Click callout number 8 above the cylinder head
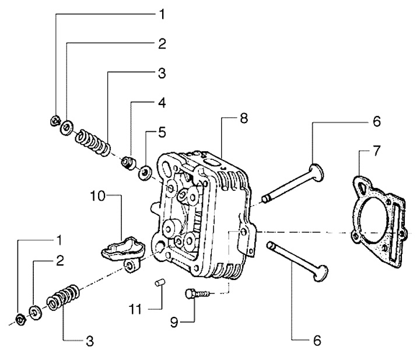(244, 118)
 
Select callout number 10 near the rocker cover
(98, 196)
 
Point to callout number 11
(135, 310)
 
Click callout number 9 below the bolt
(174, 322)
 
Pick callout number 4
(162, 103)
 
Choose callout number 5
(162, 133)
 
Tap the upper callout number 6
(376, 121)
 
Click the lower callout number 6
(317, 341)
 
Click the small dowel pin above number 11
(160, 282)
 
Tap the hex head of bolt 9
(189, 293)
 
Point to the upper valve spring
(93, 142)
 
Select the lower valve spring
(63, 297)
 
